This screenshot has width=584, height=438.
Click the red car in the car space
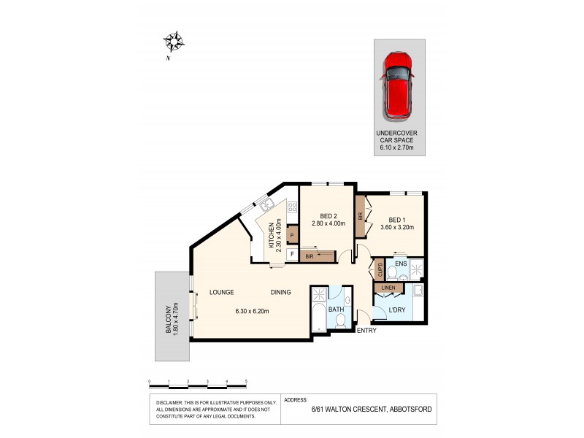click(398, 85)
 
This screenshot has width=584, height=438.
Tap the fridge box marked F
click(292, 255)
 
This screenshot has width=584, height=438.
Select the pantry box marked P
click(292, 235)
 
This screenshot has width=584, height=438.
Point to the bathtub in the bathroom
click(318, 318)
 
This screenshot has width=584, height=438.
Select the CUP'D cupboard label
click(379, 270)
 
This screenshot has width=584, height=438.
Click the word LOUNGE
click(221, 293)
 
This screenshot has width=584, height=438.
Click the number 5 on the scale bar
click(246, 382)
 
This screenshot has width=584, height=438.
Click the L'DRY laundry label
click(396, 310)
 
